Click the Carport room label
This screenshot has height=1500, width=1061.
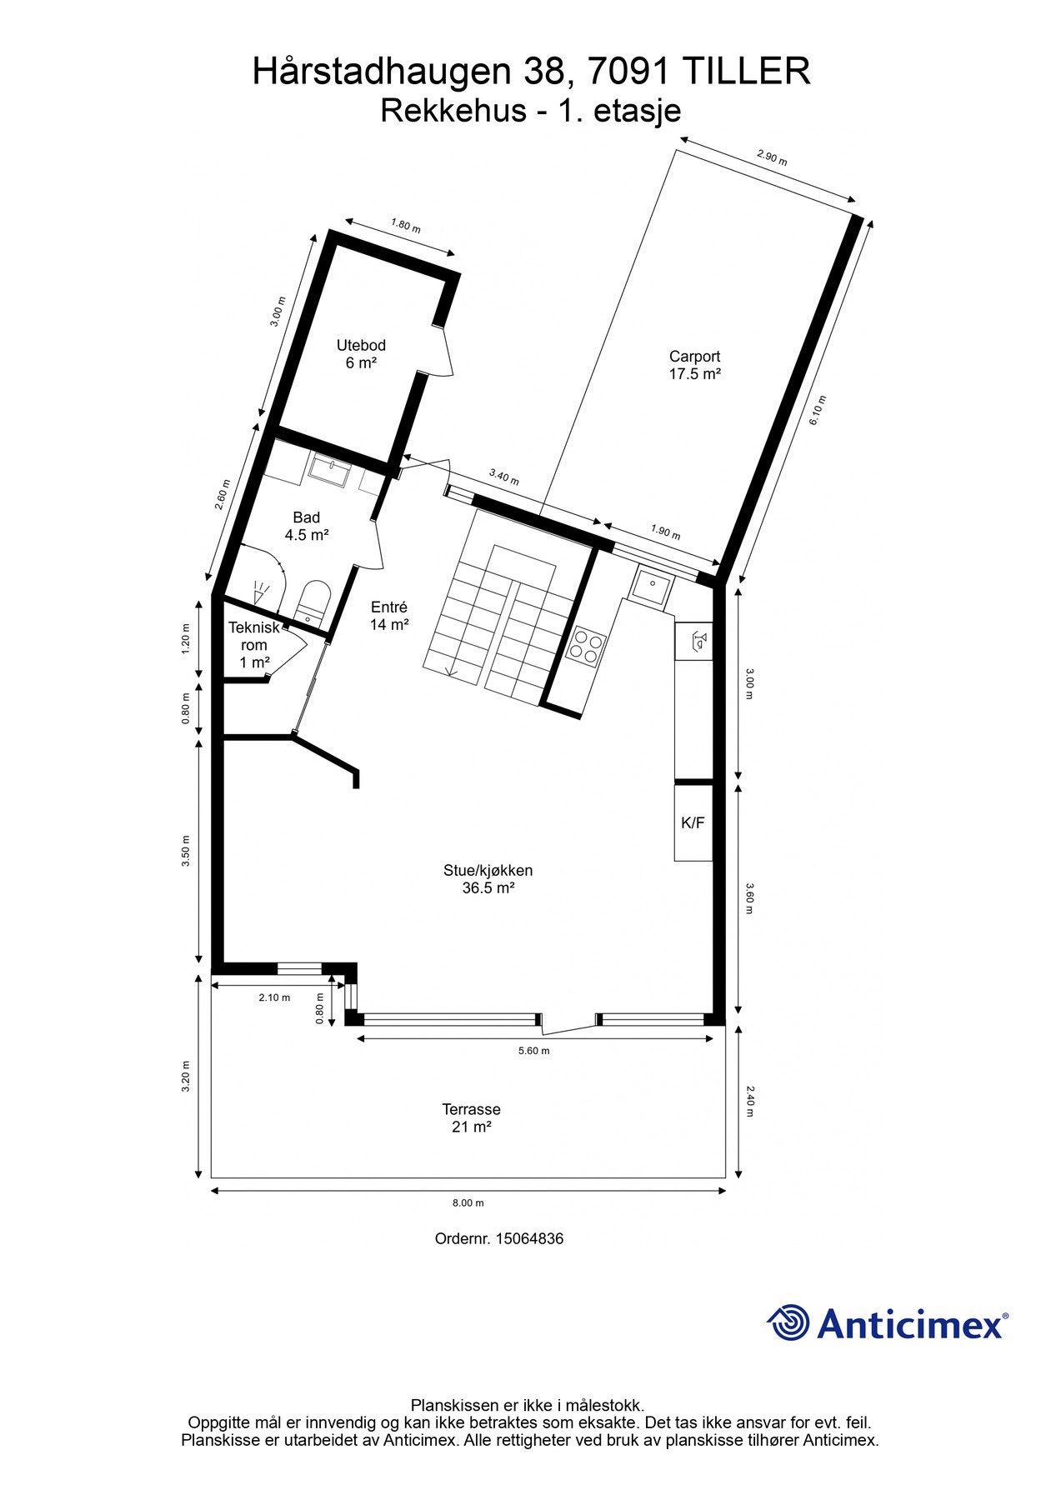point(694,365)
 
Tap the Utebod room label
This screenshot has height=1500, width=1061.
point(361,354)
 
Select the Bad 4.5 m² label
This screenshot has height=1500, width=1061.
point(307,527)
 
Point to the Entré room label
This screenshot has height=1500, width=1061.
point(389,617)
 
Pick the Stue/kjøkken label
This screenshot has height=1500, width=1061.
point(488,879)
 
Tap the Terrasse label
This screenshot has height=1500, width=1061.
point(471,1118)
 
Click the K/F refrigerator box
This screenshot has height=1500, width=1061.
point(693,823)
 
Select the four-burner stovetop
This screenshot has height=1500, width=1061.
point(586,646)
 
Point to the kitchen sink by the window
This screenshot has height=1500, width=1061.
point(649,585)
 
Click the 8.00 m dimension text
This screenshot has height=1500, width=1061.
point(468,1202)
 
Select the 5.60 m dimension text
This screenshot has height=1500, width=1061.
point(533,1051)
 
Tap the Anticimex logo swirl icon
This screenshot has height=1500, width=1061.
point(788,1322)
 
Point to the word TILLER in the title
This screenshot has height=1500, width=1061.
point(746,72)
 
